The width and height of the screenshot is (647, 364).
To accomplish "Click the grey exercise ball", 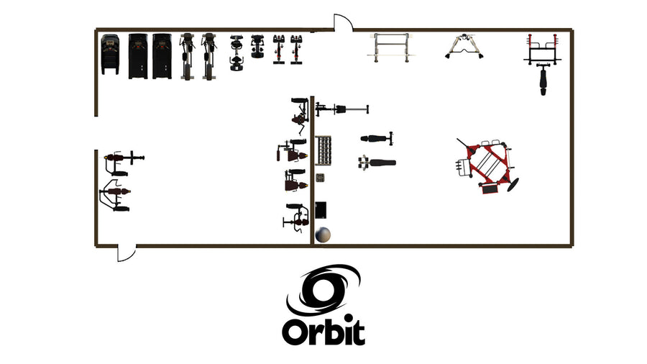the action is [323, 235].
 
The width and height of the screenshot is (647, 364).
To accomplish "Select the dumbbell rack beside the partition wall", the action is [323, 150].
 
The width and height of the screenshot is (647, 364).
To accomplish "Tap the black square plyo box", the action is [321, 210].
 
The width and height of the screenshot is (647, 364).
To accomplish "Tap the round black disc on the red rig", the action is [513, 184].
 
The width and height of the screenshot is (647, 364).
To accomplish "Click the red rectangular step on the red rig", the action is [490, 189].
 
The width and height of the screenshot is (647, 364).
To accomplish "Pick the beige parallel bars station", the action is [391, 47].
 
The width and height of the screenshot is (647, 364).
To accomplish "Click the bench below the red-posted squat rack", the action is [543, 80].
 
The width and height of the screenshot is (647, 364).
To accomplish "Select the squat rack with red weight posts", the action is [543, 50].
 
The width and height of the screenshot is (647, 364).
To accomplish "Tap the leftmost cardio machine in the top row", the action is [110, 54].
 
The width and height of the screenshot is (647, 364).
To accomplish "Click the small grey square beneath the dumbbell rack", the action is [320, 178].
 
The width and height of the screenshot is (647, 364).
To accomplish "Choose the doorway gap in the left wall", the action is [96, 133].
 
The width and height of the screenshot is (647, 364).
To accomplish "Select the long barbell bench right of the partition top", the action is [342, 109].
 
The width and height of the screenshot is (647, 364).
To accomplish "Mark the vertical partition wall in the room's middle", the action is [313, 170].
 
